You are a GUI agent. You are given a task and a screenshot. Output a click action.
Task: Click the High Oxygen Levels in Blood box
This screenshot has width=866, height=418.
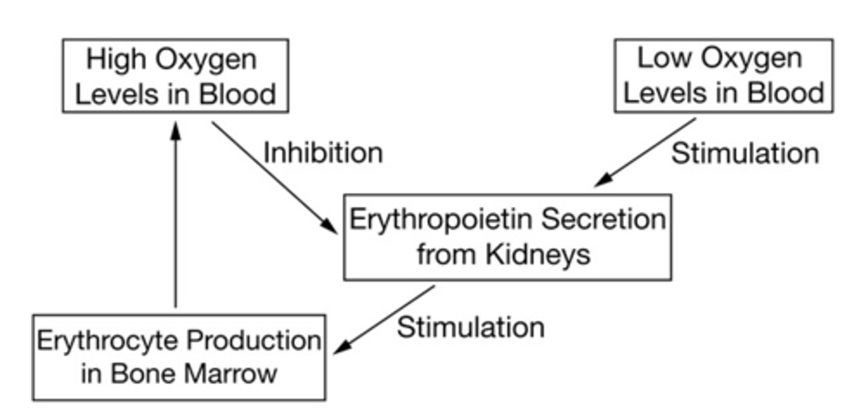[175, 76]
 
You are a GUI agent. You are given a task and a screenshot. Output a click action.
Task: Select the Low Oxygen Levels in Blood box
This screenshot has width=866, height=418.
[723, 76]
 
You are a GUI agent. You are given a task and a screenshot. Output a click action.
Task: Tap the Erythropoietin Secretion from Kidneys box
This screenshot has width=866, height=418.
[507, 237]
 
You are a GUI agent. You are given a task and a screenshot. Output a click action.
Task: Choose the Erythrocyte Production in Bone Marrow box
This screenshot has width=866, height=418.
[179, 357]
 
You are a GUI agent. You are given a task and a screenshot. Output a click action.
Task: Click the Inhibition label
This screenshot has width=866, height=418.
[323, 153]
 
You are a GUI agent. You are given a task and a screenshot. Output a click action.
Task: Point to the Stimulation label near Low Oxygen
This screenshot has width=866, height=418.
[745, 153]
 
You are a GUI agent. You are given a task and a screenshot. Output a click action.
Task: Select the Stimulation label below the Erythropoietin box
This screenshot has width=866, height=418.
[470, 327]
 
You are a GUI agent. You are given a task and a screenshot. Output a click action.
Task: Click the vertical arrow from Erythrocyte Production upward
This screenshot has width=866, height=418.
[175, 216]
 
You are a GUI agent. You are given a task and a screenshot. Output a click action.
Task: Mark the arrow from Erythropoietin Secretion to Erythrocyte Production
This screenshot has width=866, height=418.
[385, 319]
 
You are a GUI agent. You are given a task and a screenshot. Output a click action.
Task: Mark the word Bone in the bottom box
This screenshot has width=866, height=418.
[143, 374]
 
